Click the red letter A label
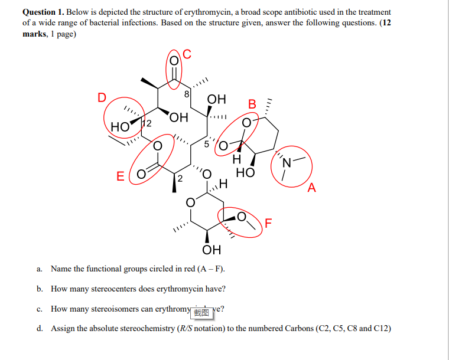[x=312, y=188]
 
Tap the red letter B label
[x=252, y=104]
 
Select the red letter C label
[x=187, y=54]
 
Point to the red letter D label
[x=102, y=98]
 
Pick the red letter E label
[x=121, y=175]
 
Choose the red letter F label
[x=269, y=224]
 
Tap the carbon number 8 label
[x=187, y=93]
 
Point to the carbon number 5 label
[x=207, y=144]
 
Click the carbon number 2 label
[x=180, y=178]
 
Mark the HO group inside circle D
[x=120, y=126]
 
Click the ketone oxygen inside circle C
[x=174, y=60]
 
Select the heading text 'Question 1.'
[x=43, y=12]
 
